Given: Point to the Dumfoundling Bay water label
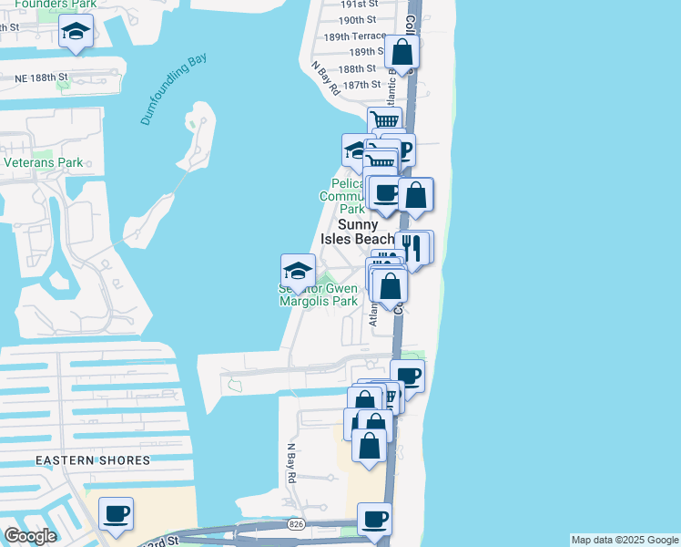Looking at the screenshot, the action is pos(173,89).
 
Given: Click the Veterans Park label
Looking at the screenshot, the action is pos(44,163).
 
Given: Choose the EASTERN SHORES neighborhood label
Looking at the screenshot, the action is pos(93,460).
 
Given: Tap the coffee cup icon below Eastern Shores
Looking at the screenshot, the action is pos(117,515).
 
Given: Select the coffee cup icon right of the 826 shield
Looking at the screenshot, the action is pos(374,520).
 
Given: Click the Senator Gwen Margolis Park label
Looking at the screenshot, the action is pos(319,295).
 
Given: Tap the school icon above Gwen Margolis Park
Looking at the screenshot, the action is pos(297,271).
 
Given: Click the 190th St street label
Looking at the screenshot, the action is pos(357,19).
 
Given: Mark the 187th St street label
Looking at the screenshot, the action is pos(361,85).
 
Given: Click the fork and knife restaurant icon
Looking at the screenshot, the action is pos(412,248).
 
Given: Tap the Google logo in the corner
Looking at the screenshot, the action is pos(30,536).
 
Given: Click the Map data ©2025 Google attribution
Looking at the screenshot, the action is pos(625,540).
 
